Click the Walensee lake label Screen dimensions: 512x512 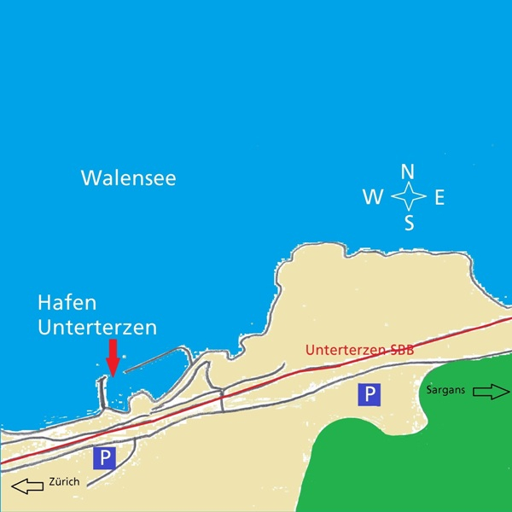click(x=128, y=178)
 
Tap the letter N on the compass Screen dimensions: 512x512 click(x=408, y=171)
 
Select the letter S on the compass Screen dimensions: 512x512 click(x=409, y=224)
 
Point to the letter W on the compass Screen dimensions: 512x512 click(x=373, y=198)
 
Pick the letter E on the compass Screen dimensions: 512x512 click(x=439, y=198)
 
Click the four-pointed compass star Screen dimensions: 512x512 click(x=408, y=198)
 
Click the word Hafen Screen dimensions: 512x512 click(x=67, y=303)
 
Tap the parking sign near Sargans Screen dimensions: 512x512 click(x=369, y=393)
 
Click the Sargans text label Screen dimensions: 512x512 click(x=445, y=391)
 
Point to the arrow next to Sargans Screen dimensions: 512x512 click(x=489, y=392)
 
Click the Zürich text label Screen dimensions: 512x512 click(x=64, y=482)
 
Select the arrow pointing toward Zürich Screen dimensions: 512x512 click(x=28, y=487)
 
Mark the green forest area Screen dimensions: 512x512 click(x=410, y=452)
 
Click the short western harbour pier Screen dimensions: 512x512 click(x=103, y=391)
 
